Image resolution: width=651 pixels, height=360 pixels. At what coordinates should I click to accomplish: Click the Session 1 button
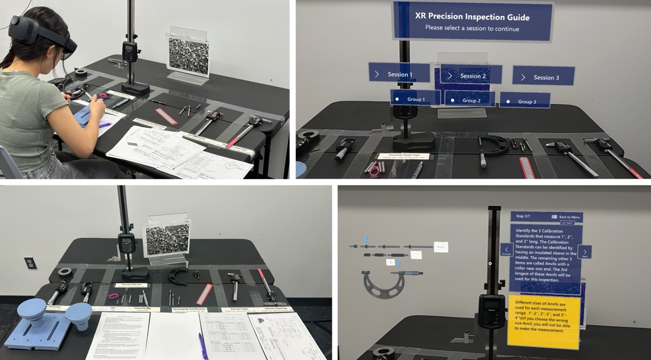click(399, 74)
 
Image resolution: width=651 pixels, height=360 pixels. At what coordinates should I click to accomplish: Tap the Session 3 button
click(543, 77)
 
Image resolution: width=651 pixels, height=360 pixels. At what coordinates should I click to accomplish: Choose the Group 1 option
click(415, 99)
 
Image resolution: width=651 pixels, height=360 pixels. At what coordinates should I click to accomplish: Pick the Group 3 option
click(525, 101)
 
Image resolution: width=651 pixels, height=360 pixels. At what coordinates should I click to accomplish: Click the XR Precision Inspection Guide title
click(472, 17)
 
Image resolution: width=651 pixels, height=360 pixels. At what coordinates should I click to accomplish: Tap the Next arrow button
click(585, 252)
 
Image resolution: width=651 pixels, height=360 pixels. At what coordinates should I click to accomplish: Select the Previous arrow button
click(506, 250)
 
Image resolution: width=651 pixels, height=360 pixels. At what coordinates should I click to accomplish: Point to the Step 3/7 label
click(523, 216)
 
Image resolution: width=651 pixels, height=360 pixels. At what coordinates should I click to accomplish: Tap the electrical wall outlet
click(30, 263)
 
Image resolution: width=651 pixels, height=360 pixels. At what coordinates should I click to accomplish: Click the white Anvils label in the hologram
click(441, 247)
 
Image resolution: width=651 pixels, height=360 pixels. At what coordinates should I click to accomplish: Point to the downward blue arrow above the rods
click(366, 239)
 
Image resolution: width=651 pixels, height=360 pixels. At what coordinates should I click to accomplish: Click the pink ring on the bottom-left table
click(114, 295)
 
